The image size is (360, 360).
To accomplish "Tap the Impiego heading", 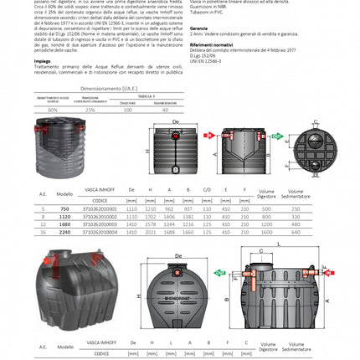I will pos(42,60).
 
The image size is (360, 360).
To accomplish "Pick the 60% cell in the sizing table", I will pos(53,109).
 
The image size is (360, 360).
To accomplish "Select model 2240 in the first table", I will pos(65,231).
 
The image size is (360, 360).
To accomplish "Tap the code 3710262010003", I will pos(106,224).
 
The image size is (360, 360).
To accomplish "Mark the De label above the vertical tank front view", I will pos(175,121).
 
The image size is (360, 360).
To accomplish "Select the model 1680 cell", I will pos(65,224).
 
